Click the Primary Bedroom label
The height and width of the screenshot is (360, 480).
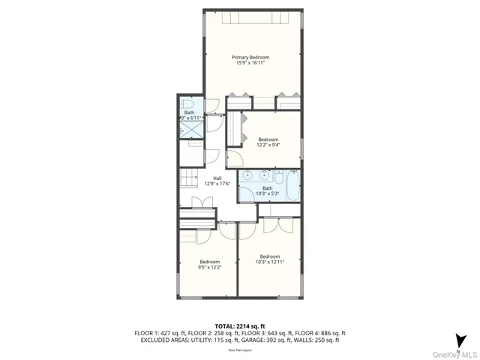pos(250,57)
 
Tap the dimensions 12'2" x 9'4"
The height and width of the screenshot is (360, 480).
pos(268,145)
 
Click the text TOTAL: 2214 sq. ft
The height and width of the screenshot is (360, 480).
pos(239,325)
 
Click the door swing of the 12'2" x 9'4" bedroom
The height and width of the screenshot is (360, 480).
pos(235,156)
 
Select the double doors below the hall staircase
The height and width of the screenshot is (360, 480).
pos(200,202)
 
